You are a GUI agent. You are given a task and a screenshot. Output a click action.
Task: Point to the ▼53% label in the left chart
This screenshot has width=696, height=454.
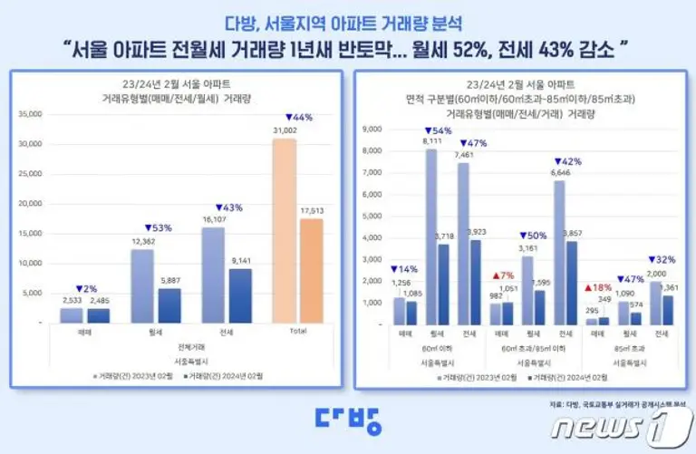pyautogui.click(x=158, y=227)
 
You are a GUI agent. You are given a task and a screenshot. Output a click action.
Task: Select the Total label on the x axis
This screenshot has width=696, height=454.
pyautogui.click(x=298, y=332)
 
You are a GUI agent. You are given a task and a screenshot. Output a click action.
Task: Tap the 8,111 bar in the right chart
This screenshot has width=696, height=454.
pyautogui.click(x=431, y=237)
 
